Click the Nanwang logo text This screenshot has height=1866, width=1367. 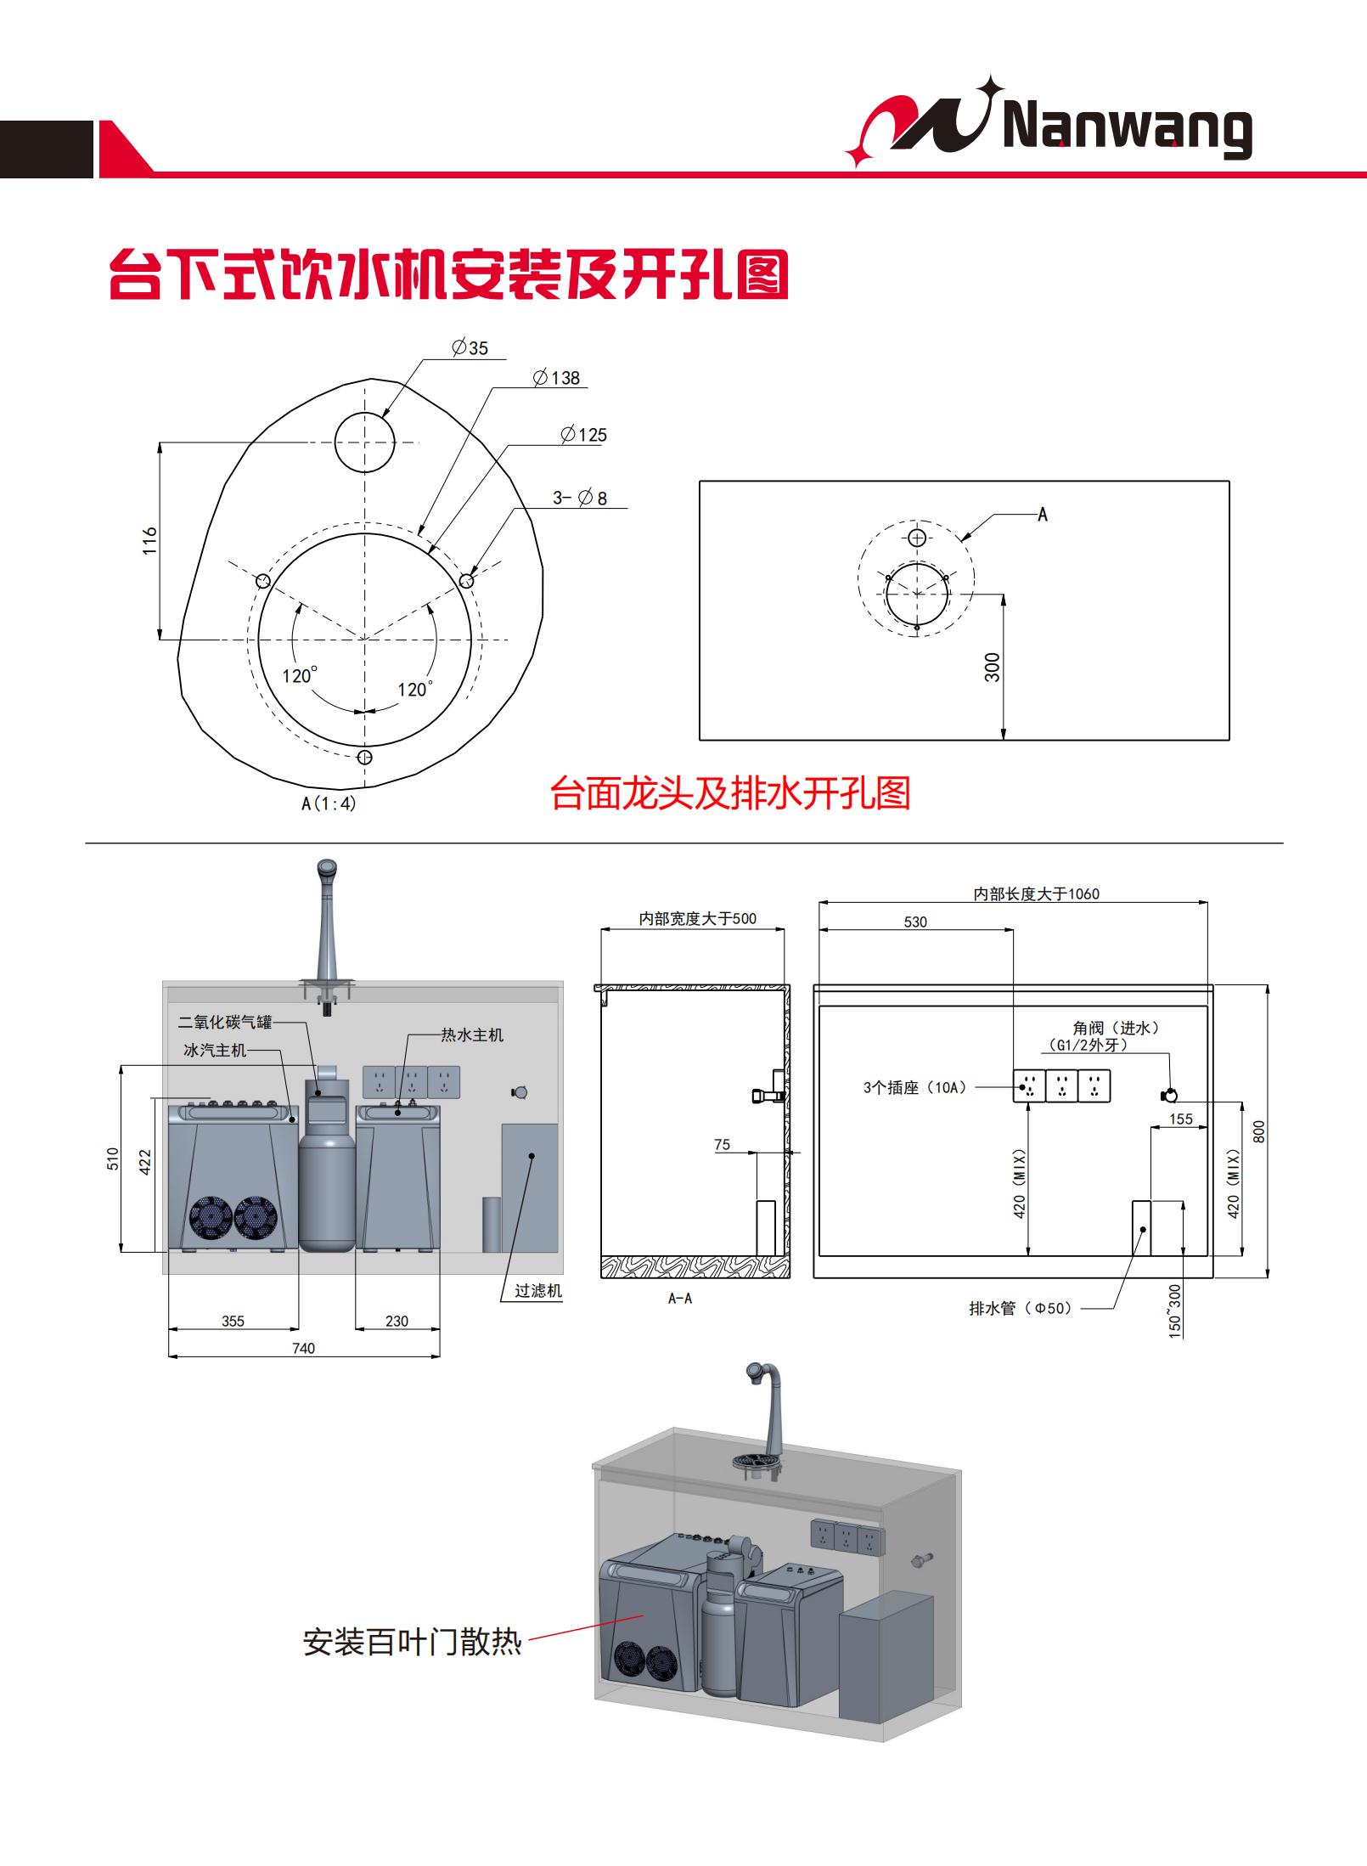pyautogui.click(x=1128, y=131)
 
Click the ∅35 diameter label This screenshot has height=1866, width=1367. pyautogui.click(x=470, y=347)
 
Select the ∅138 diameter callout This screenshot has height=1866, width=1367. pyautogui.click(x=557, y=378)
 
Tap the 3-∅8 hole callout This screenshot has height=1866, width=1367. pyautogui.click(x=581, y=499)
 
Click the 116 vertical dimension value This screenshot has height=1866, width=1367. pyautogui.click(x=150, y=541)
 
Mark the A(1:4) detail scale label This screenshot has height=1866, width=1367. pyautogui.click(x=329, y=803)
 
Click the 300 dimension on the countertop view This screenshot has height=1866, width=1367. pyautogui.click(x=992, y=667)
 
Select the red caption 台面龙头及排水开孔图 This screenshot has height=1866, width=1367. pyautogui.click(x=730, y=793)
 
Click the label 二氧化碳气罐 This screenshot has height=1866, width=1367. pyautogui.click(x=225, y=1022)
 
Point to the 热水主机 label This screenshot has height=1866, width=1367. pyautogui.click(x=472, y=1034)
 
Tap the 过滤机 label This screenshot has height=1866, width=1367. pyautogui.click(x=538, y=1290)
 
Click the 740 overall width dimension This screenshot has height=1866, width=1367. pyautogui.click(x=303, y=1348)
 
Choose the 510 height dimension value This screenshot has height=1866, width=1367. pyautogui.click(x=113, y=1159)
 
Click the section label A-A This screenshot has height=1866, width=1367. pyautogui.click(x=680, y=1299)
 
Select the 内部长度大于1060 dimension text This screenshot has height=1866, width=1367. pyautogui.click(x=1036, y=894)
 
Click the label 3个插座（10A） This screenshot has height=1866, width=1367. pyautogui.click(x=915, y=1087)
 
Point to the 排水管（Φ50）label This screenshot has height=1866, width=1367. pyautogui.click(x=1021, y=1308)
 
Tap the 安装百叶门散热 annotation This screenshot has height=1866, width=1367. pyautogui.click(x=412, y=1642)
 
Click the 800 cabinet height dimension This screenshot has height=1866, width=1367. pyautogui.click(x=1259, y=1131)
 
